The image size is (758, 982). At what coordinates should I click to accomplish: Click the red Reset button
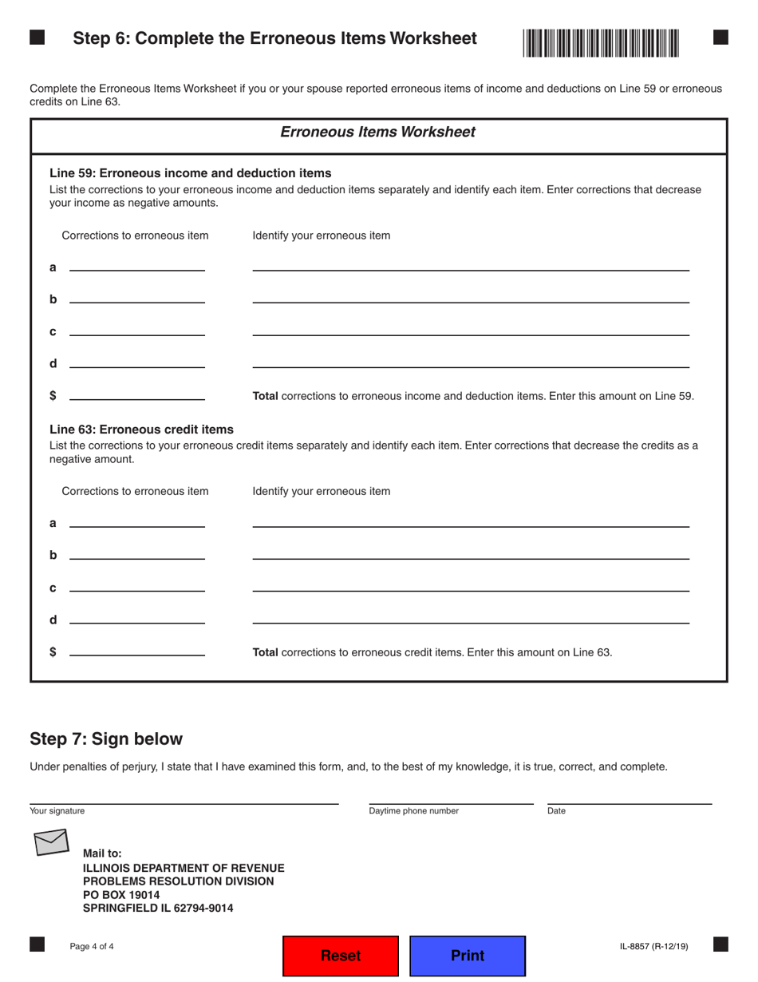(x=341, y=956)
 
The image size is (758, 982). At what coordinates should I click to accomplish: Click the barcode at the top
(x=601, y=42)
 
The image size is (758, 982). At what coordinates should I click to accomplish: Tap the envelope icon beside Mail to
(x=51, y=841)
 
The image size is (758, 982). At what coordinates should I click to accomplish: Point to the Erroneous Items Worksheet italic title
(x=377, y=132)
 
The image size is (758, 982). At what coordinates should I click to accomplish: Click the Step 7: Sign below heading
(x=106, y=738)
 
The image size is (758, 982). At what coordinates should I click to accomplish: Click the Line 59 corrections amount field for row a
(x=137, y=264)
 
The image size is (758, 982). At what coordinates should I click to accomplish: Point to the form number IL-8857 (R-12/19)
(x=653, y=947)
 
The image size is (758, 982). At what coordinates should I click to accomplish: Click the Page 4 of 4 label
(x=92, y=947)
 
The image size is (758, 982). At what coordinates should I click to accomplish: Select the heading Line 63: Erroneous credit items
(x=141, y=430)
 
